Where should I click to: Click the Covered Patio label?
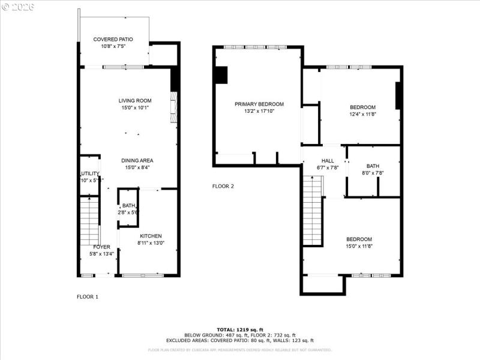(113, 39)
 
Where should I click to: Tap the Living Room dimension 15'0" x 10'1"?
(134, 108)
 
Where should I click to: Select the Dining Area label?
(137, 160)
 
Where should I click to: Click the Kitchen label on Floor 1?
(151, 236)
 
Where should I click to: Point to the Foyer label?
(101, 247)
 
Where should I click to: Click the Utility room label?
(89, 173)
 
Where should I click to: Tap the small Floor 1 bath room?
(128, 208)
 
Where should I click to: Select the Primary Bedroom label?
(259, 104)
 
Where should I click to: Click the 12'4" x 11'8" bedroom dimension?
(362, 115)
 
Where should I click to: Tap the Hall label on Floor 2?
(328, 161)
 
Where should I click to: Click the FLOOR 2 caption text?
(223, 186)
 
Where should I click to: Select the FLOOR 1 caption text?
(88, 296)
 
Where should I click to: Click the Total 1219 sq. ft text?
(239, 330)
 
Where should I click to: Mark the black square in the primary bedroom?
(221, 74)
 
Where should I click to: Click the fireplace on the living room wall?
(173, 107)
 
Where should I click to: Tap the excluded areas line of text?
(239, 340)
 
